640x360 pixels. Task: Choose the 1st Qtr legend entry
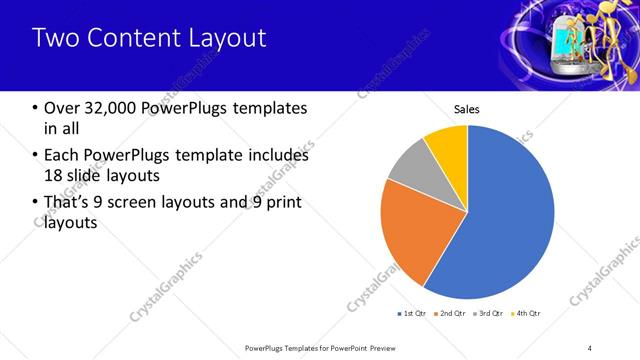412,313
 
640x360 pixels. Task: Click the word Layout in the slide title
231,39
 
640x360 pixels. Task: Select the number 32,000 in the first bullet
110,107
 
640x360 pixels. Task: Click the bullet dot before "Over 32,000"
36,108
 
